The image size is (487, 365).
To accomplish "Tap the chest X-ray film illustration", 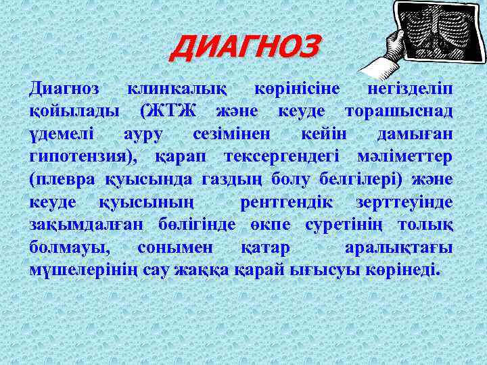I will (x=428, y=32).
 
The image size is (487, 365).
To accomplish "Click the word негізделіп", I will (x=410, y=89).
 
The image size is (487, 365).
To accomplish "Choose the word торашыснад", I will (x=399, y=110).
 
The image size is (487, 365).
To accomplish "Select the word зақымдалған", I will (x=79, y=224).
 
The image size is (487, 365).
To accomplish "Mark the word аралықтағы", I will (x=398, y=248).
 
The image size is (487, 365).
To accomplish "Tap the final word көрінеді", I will (x=403, y=271).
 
